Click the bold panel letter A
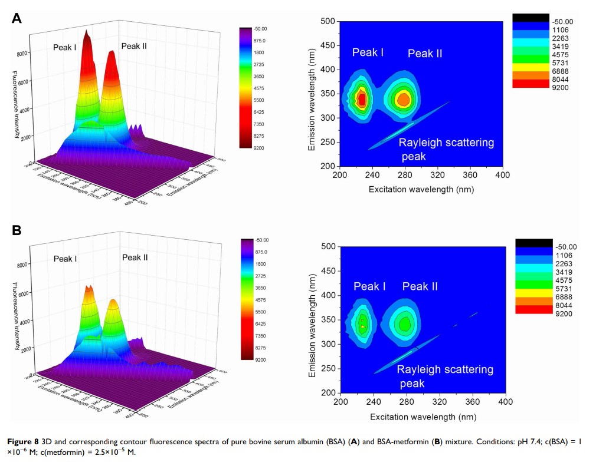click(17, 18)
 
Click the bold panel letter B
click(17, 230)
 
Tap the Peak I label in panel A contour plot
click(368, 53)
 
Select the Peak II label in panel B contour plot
click(420, 286)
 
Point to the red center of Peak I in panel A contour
click(362, 99)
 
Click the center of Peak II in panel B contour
click(405, 323)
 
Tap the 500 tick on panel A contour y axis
click(328, 22)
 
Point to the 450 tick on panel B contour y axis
click(329, 271)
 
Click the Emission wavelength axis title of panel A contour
click(312, 94)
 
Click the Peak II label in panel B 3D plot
click(135, 257)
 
